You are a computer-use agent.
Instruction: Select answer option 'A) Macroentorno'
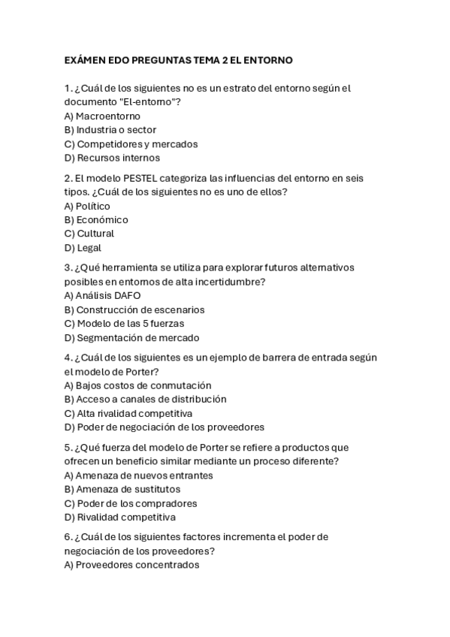pos(102,116)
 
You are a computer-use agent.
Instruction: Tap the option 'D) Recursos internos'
pos(112,158)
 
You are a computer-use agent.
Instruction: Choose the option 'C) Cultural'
pos(89,234)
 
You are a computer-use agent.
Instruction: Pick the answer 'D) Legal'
pos(83,248)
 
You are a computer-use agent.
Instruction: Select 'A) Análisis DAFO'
pos(102,295)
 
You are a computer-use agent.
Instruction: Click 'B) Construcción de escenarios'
pos(134,309)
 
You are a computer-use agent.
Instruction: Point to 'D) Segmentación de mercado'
pos(132,338)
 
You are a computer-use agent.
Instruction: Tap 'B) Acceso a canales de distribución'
pos(145,399)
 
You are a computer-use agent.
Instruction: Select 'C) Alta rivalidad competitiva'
pos(128,413)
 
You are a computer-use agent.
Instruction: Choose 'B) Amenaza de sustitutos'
pos(122,489)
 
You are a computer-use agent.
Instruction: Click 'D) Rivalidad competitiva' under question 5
pos(120,518)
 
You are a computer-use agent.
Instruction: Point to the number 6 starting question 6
pos(68,537)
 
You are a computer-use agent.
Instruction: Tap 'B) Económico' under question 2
pos(96,219)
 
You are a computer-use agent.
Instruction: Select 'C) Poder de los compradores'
pos(131,503)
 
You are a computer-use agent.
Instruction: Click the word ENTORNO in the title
pos(268,59)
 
